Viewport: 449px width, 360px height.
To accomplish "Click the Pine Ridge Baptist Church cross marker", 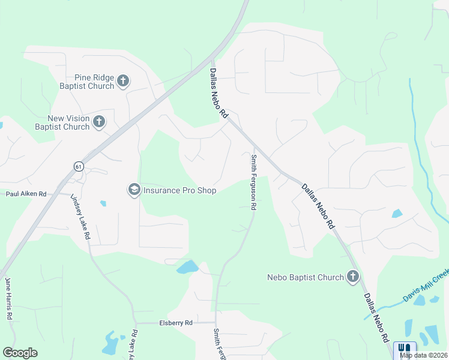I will [x=123, y=81].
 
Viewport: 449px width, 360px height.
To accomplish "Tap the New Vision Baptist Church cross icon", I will [x=99, y=122].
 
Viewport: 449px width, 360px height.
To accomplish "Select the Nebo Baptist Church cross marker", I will [x=353, y=277].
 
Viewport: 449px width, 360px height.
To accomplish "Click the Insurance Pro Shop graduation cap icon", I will [x=133, y=190].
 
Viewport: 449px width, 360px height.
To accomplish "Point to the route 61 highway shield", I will [x=79, y=166].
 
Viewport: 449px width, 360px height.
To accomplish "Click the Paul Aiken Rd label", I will [x=26, y=194].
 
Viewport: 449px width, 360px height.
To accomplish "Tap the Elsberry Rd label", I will [x=175, y=323].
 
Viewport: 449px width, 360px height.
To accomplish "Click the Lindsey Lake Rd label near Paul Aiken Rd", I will [x=80, y=216].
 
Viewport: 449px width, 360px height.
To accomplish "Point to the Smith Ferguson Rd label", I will [x=254, y=182].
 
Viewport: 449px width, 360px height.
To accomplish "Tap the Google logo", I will [x=20, y=353].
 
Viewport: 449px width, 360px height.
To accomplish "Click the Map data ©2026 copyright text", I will [x=423, y=355].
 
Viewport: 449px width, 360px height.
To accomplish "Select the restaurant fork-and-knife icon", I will [x=405, y=348].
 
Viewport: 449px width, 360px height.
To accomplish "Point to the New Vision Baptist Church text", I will [x=62, y=123].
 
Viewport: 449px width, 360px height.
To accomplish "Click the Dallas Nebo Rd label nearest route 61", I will [x=219, y=92].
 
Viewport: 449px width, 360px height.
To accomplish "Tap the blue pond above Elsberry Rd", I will [x=187, y=267].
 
